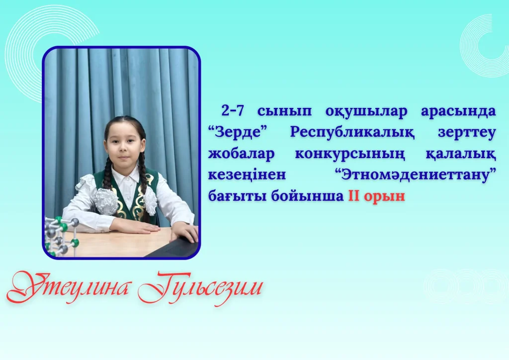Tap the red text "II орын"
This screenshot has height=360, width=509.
377,196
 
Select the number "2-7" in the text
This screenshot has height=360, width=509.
233,111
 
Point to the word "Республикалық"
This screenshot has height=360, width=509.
352,133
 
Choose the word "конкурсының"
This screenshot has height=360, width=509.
350,154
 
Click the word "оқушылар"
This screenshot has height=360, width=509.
366,111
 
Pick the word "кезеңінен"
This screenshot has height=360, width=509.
247,176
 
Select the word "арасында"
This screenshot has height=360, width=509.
458,111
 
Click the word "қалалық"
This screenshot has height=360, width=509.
461,154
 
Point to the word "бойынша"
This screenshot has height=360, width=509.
307,196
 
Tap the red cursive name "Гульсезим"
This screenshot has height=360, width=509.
200,288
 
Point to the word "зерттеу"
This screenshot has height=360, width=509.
467,133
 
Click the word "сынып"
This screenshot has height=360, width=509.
284,111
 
